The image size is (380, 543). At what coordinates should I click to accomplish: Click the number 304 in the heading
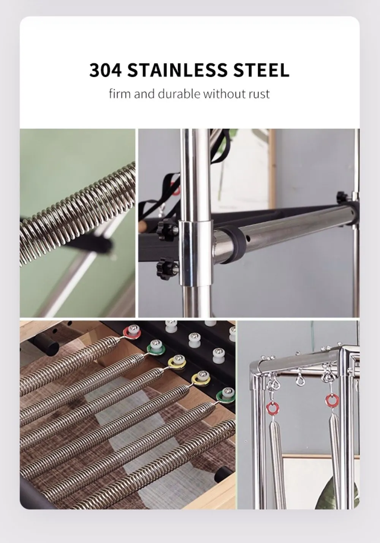pos(105,70)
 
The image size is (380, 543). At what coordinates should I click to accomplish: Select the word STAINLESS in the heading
pos(177,70)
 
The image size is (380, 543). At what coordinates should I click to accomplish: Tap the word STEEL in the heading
pos(261,70)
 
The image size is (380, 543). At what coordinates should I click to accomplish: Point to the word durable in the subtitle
pos(179,93)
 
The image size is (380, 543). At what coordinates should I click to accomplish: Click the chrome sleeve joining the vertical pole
pos(196,253)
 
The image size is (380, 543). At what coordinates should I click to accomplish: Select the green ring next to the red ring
pos(156,347)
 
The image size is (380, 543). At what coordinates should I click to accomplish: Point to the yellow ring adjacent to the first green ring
pos(177,361)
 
